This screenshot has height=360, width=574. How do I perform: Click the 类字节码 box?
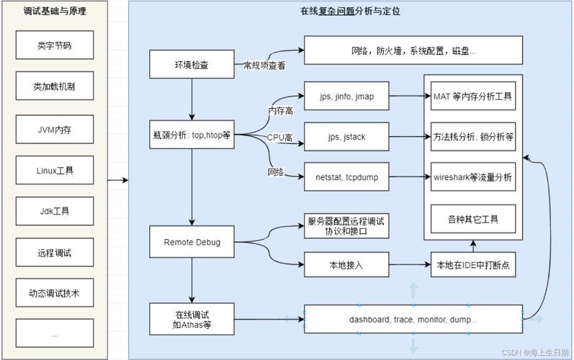[54, 45]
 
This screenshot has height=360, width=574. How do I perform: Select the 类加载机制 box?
[54, 86]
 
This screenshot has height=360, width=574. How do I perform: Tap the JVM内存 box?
[54, 130]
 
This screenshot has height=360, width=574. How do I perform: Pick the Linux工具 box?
[54, 171]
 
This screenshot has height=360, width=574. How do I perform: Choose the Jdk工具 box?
[54, 212]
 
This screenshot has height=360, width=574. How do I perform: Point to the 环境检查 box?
[192, 64]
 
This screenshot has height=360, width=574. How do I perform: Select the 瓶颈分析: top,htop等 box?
[192, 135]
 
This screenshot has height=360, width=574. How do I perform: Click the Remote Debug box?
[192, 242]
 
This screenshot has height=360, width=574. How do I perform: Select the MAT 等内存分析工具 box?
[472, 95]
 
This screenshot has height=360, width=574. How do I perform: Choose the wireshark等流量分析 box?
[472, 176]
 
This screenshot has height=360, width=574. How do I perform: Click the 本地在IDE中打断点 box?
[472, 265]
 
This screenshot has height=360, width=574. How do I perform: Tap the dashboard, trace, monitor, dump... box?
[413, 318]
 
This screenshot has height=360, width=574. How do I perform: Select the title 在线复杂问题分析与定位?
[349, 11]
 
